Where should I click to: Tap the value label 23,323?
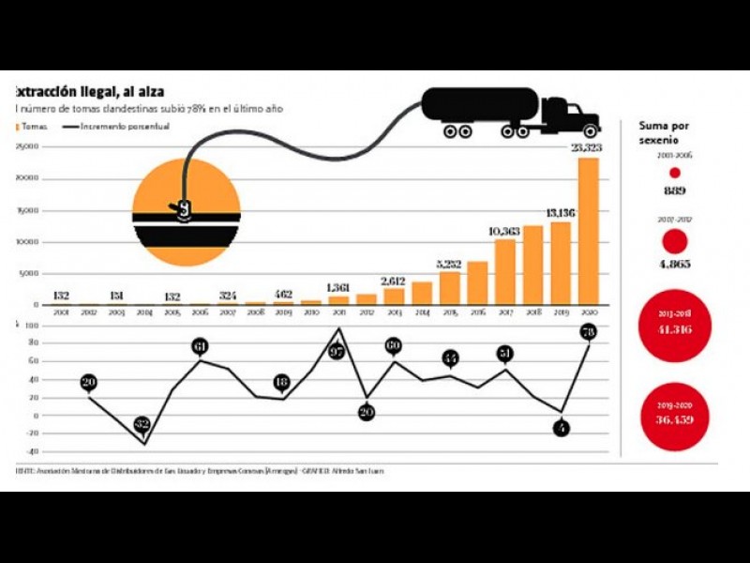(x=588, y=149)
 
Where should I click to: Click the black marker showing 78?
(x=589, y=331)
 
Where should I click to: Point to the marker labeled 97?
(x=338, y=351)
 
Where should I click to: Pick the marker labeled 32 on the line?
(x=142, y=424)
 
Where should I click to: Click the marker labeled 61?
(x=199, y=346)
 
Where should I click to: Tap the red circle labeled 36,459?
(x=673, y=414)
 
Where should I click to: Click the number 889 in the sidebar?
(x=673, y=190)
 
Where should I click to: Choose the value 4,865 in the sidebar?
(x=673, y=264)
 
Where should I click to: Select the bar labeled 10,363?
(x=505, y=271)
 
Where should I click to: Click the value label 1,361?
(x=338, y=287)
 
